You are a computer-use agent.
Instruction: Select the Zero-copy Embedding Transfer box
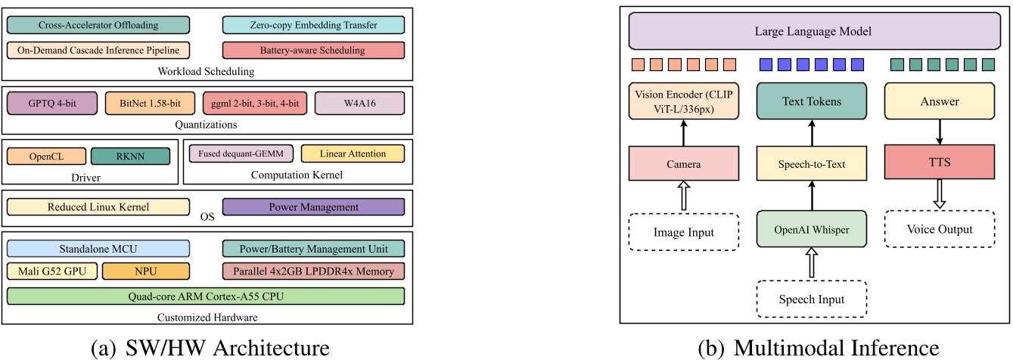(314, 26)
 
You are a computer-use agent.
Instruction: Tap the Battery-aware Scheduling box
(314, 51)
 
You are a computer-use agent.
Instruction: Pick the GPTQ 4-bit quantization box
(51, 103)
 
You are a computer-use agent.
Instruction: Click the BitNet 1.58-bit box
(149, 103)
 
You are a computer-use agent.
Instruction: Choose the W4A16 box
(359, 103)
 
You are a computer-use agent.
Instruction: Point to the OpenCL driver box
(45, 156)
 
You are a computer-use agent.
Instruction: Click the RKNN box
(130, 156)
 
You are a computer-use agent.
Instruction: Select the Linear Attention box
(353, 154)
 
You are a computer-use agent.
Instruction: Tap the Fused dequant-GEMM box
(241, 154)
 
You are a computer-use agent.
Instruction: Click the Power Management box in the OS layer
(314, 207)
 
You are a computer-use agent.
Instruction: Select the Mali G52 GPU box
(51, 271)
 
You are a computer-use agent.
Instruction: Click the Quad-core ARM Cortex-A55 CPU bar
(206, 296)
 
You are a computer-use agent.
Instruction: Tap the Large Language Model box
(813, 33)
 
